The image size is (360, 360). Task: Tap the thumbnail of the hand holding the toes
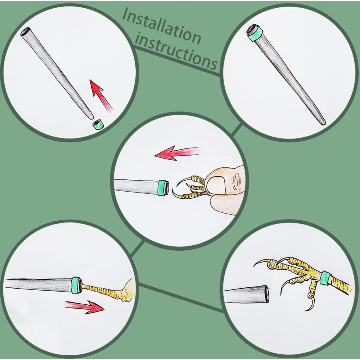[x=216, y=184]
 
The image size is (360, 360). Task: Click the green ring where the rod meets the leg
[x=77, y=285]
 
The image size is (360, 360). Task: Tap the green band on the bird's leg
[x=325, y=278]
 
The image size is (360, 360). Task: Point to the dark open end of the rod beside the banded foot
[x=266, y=294]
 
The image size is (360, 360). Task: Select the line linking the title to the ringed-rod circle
[x=177, y=61]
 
